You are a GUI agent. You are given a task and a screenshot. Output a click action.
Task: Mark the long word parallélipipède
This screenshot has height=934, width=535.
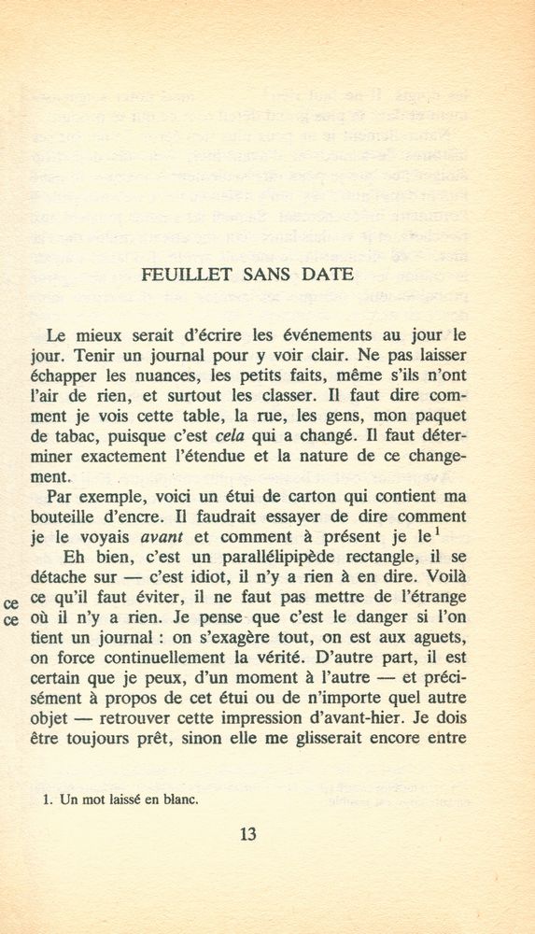tap(254, 559)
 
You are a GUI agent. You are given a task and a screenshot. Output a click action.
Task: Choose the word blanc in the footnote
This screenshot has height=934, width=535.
tap(177, 800)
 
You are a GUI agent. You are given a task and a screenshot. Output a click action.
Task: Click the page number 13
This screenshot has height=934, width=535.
tap(247, 834)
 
